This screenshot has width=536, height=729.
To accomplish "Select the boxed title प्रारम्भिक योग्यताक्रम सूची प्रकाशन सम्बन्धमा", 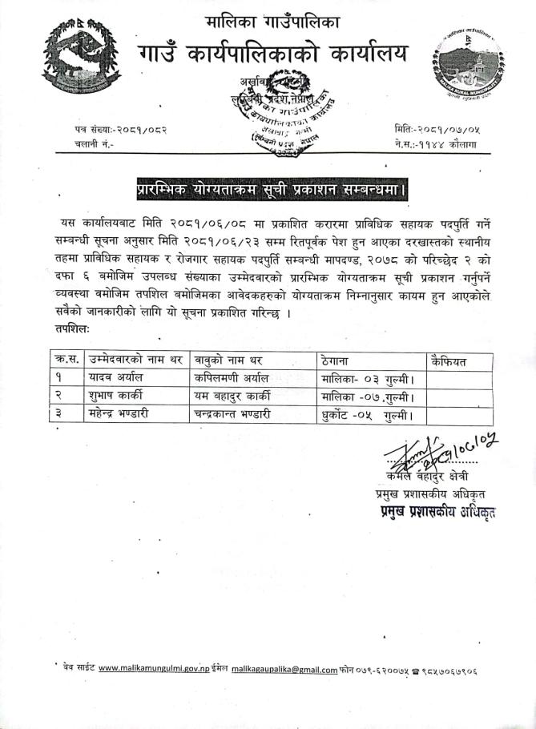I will tap(270, 190).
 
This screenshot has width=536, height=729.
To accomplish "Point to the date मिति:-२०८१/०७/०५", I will tap(437, 128).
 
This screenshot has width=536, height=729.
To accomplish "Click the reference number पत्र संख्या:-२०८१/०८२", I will tap(122, 129).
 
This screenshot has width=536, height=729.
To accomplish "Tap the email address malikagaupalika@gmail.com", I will tap(284, 670).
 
